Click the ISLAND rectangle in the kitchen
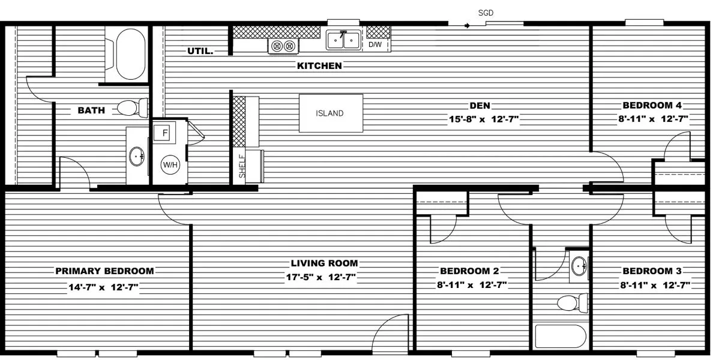click(331, 113)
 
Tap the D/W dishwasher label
click(375, 44)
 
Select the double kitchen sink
click(343, 40)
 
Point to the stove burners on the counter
click(284, 46)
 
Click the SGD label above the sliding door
click(486, 13)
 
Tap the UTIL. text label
click(200, 52)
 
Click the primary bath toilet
click(131, 108)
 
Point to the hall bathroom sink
click(579, 265)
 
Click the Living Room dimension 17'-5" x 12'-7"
click(324, 277)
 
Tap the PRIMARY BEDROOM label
click(104, 271)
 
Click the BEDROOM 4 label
click(651, 105)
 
